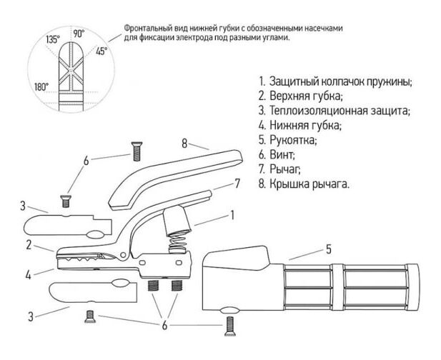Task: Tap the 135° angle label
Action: (x=53, y=40)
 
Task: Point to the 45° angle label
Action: (x=101, y=51)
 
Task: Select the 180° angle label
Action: (x=41, y=86)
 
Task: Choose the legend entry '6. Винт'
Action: (x=279, y=154)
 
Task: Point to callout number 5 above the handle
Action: (x=329, y=249)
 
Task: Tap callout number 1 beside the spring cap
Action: (x=232, y=214)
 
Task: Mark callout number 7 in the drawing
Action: (x=237, y=183)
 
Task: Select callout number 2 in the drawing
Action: (x=29, y=244)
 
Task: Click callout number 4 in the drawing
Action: (x=29, y=273)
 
